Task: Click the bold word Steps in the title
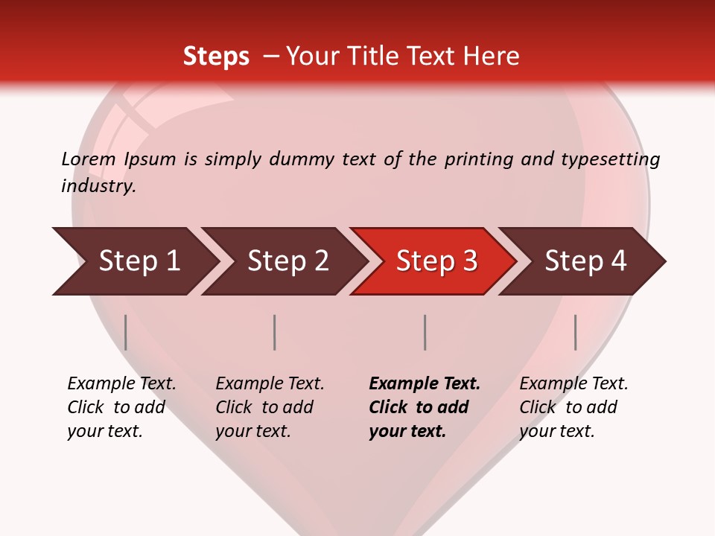216,57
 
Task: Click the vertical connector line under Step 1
126,332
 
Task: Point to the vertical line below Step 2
275,332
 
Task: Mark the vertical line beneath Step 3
425,332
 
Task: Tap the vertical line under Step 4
575,332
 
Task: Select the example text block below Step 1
121,407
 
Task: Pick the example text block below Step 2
270,407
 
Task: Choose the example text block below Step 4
573,407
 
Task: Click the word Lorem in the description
89,159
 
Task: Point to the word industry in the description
98,186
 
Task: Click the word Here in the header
492,57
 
